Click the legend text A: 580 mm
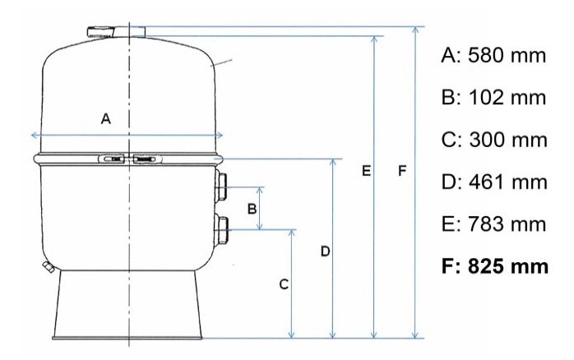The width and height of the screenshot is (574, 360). pos(493,56)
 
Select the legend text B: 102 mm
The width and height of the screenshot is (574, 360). pos(493,98)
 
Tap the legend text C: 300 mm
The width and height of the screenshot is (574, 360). pos(494,140)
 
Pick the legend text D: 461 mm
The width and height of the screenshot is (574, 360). pos(494,182)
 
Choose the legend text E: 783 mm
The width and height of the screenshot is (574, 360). pos(493,224)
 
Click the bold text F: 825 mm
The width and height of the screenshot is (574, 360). pos(495,266)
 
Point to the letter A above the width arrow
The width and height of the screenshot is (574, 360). pos(106,118)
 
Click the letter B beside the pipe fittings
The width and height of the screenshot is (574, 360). pos(252,209)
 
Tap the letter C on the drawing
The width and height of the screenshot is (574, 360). pos(284,284)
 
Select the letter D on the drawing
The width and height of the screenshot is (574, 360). pos(325,252)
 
